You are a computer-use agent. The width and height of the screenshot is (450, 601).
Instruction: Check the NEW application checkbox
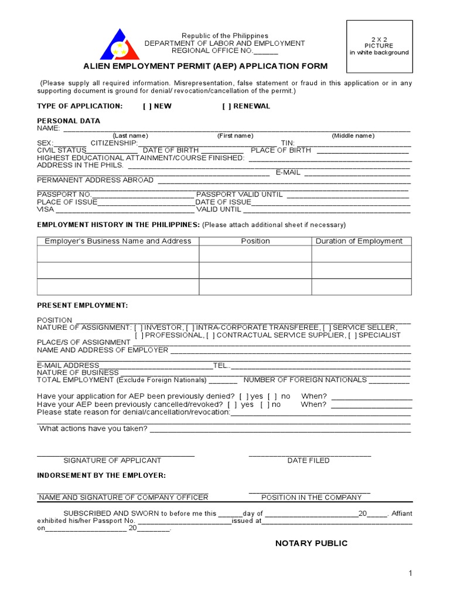pyautogui.click(x=146, y=106)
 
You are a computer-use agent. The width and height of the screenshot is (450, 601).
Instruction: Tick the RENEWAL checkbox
pyautogui.click(x=226, y=106)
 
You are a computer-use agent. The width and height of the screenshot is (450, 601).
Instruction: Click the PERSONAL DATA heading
pyautogui.click(x=69, y=121)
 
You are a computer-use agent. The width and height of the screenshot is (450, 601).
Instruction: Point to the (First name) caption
pyautogui.click(x=235, y=136)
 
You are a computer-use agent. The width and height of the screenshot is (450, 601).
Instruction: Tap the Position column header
pyautogui.click(x=255, y=241)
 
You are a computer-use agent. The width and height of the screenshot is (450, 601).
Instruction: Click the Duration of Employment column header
pyautogui.click(x=359, y=241)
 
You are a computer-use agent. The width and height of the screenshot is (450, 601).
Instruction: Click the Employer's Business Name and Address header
pyautogui.click(x=118, y=241)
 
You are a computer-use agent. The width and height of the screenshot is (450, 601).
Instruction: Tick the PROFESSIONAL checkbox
pyautogui.click(x=138, y=335)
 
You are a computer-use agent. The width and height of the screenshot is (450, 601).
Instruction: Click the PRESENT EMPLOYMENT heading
pyautogui.click(x=82, y=306)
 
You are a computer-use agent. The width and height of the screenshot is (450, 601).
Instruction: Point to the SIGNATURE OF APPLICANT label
pyautogui.click(x=112, y=461)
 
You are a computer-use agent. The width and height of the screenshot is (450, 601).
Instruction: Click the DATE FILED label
pyautogui.click(x=308, y=461)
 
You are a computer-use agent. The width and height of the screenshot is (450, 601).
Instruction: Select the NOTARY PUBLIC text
pyautogui.click(x=311, y=543)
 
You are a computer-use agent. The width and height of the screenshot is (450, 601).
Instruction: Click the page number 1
pyautogui.click(x=411, y=573)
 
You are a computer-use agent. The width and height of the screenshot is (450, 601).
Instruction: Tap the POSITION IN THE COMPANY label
pyautogui.click(x=311, y=498)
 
